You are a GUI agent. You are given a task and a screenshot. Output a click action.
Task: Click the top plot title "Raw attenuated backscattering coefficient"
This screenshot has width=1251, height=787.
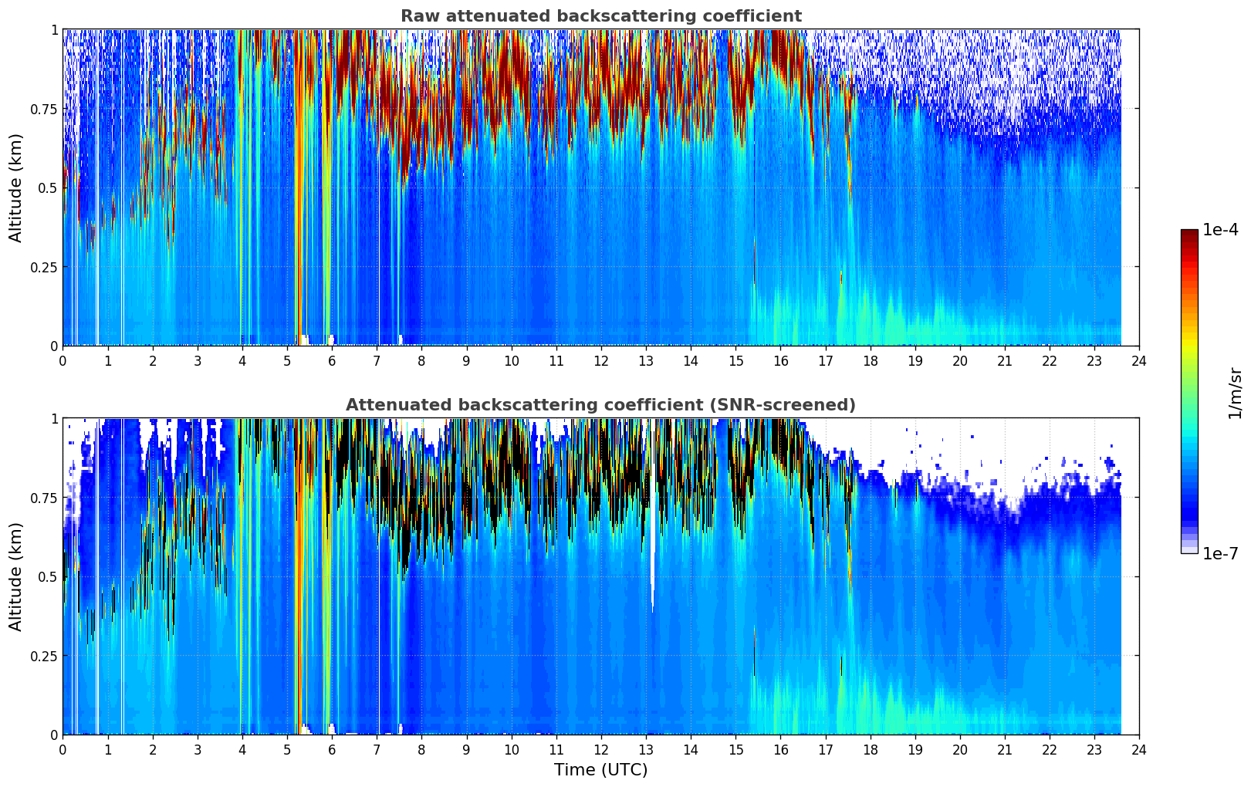[x=600, y=16]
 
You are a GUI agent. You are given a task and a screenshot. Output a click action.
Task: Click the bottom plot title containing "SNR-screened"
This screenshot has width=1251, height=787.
[x=600, y=405]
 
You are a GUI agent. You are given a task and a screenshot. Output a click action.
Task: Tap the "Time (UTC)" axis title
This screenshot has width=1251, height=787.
[x=600, y=770]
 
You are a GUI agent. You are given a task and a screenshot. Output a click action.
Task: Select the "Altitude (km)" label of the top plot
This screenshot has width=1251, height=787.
[x=16, y=187]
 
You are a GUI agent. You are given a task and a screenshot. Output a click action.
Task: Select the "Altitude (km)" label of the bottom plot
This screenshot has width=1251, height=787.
[x=16, y=576]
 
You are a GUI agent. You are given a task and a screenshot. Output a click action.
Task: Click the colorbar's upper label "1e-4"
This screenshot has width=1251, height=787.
[x=1220, y=230]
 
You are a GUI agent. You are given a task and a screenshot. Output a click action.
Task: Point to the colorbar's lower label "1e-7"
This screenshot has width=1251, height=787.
[x=1220, y=553]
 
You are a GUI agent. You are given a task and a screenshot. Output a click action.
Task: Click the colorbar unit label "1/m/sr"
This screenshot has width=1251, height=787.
[x=1235, y=393]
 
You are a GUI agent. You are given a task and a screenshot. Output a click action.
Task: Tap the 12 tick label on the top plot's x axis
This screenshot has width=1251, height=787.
[x=601, y=360]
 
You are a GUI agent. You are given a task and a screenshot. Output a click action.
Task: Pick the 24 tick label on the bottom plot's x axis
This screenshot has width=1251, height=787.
[x=1139, y=749]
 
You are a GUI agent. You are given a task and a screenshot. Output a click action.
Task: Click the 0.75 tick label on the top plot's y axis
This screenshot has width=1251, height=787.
[x=43, y=109]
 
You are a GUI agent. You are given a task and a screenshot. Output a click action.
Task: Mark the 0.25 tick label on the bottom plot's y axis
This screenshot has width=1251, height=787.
[x=43, y=656]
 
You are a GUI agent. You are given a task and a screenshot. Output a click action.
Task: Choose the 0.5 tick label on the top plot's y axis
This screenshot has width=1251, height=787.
[x=47, y=187]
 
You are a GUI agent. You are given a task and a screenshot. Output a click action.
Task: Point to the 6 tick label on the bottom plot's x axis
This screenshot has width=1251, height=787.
[x=332, y=749]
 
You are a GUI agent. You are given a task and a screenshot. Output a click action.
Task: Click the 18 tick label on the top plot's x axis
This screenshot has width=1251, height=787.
[x=870, y=360]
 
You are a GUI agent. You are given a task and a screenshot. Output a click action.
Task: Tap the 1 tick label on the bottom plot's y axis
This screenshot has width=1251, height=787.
[x=54, y=419]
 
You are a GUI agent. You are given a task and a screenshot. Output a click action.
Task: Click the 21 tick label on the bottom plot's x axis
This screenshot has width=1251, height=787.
[x=1004, y=749]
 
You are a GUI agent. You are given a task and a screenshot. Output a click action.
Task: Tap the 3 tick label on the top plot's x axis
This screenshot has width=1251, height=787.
[x=198, y=360]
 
